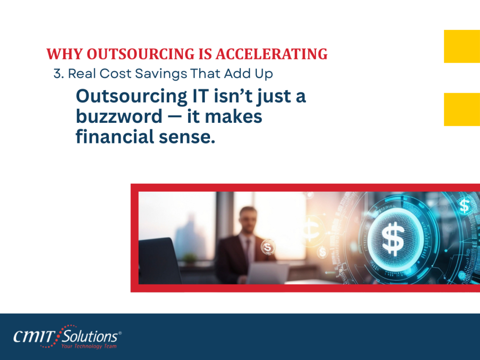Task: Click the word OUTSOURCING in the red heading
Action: tap(141, 54)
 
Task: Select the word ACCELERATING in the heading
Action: tap(271, 54)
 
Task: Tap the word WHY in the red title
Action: tap(65, 54)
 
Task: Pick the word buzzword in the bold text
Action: tap(119, 116)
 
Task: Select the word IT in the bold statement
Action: tap(200, 96)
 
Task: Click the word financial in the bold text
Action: tap(115, 136)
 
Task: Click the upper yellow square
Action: tap(462, 46)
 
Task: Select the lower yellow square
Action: tap(462, 109)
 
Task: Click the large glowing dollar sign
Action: tap(393, 238)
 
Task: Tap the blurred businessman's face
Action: tap(248, 220)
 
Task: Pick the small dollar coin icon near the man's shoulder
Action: tap(268, 247)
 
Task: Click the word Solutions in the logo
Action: tap(90, 337)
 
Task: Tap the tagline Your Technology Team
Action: tap(89, 346)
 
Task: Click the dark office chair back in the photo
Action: tap(159, 260)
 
